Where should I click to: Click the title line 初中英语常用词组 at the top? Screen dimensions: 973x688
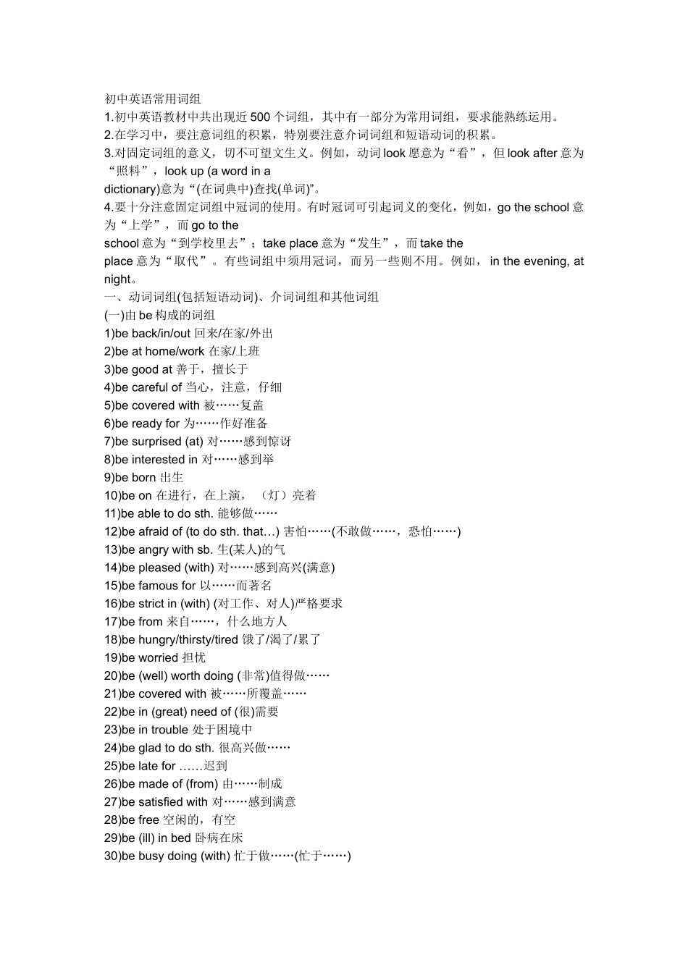pos(152,99)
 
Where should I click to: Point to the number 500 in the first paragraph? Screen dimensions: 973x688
pos(260,117)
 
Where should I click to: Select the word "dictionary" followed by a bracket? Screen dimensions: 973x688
pos(130,190)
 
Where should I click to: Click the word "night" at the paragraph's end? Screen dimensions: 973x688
pos(118,279)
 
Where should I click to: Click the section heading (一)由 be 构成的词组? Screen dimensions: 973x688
pos(159,316)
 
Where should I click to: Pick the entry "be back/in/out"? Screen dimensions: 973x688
pos(152,334)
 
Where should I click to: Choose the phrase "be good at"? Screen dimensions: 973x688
pos(143,369)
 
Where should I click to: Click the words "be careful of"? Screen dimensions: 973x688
pos(148,387)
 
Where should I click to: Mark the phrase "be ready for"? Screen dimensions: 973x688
pos(147,424)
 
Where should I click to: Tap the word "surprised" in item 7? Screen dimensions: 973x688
pos(156,442)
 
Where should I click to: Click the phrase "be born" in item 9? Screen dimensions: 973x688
pos(135,478)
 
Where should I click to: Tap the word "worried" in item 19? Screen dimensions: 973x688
pos(158,658)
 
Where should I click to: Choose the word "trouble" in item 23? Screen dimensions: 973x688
pos(169,730)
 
